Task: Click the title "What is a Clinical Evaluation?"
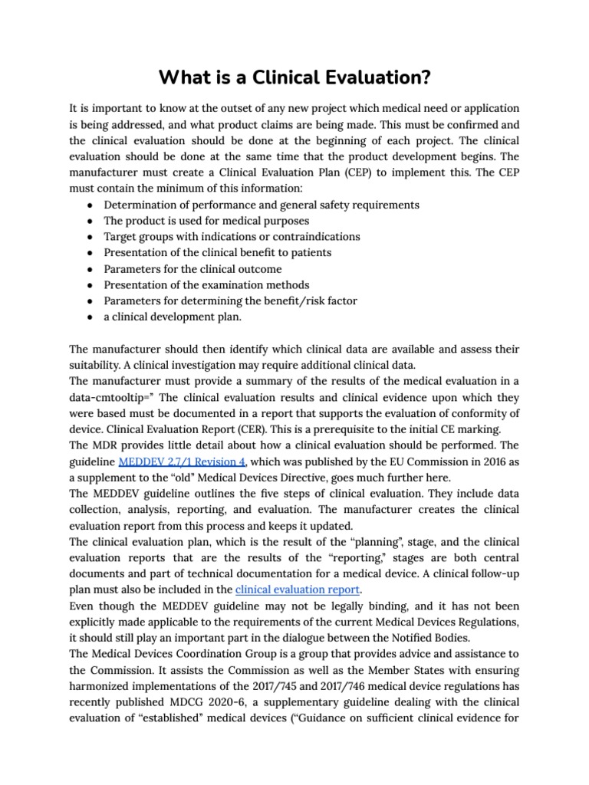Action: pos(294,78)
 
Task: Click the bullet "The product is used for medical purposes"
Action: pos(207,221)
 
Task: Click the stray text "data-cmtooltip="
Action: pos(110,397)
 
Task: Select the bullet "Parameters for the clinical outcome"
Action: pos(192,269)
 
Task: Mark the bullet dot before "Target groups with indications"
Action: pos(90,237)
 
